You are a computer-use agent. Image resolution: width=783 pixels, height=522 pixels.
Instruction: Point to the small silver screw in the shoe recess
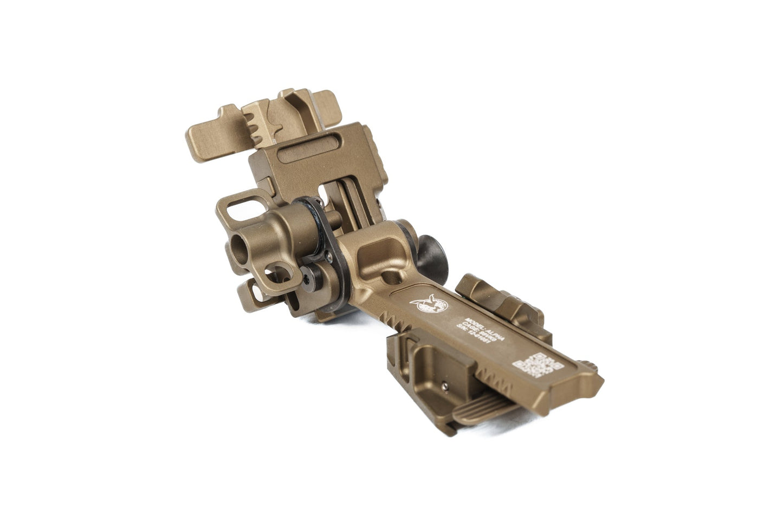pyautogui.click(x=445, y=386)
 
